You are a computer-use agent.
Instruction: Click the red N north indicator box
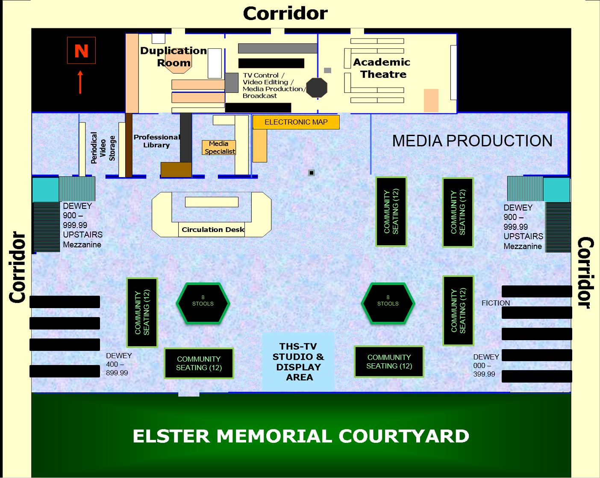click(81, 50)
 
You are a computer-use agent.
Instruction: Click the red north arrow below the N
click(80, 82)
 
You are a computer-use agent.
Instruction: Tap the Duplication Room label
click(174, 56)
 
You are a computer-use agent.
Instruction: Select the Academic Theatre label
click(382, 68)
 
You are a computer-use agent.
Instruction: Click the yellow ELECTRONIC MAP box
click(296, 122)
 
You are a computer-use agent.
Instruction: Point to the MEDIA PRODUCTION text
click(472, 141)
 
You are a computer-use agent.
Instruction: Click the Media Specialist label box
click(219, 148)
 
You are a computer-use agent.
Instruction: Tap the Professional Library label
click(156, 141)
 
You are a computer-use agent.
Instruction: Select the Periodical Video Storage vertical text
click(103, 148)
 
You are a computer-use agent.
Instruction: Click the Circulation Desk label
click(212, 229)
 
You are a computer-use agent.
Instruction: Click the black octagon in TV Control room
click(317, 88)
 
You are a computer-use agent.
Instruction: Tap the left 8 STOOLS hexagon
click(203, 303)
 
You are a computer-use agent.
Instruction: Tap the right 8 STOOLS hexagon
click(388, 303)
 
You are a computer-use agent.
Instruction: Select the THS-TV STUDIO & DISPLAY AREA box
click(298, 362)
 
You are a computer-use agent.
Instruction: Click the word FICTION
click(496, 303)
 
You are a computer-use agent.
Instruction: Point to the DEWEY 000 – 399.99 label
click(486, 365)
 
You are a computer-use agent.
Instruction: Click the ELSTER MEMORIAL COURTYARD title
click(301, 436)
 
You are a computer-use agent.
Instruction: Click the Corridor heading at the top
click(285, 13)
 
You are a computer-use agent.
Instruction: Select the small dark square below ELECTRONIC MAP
click(312, 173)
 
